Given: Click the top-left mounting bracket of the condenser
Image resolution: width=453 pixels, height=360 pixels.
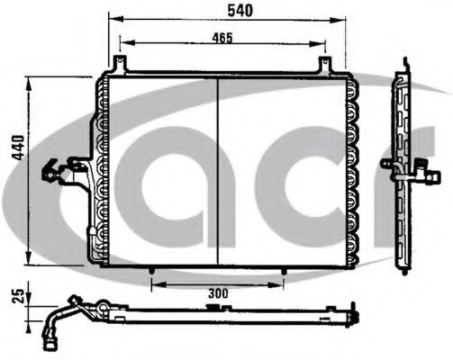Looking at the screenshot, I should click(x=119, y=65).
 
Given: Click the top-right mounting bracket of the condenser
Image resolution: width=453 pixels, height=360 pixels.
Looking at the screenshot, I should click(x=325, y=65).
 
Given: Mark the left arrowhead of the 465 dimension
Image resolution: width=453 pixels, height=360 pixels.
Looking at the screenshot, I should click(x=122, y=42).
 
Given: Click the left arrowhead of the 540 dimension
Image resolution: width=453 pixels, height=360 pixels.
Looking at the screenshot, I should click(x=111, y=17).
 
